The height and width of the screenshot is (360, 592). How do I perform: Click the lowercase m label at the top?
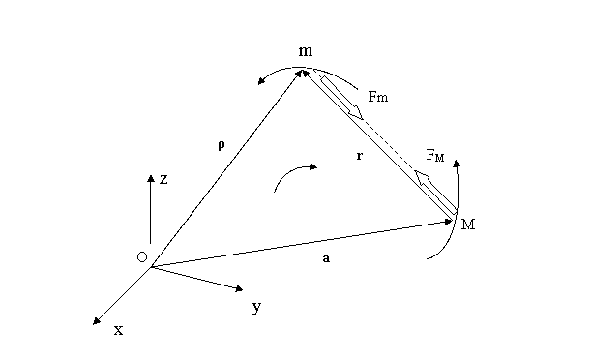[x=306, y=51]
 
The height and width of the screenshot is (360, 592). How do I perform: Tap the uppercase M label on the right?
[x=468, y=225]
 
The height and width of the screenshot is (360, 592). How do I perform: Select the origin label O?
[x=142, y=257]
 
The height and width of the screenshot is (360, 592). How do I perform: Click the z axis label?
[x=163, y=179]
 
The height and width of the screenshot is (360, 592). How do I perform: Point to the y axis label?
[x=256, y=307]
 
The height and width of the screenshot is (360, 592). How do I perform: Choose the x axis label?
[x=119, y=331]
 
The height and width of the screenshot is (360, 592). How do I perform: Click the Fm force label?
[x=378, y=97]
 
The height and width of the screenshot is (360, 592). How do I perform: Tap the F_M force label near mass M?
[x=435, y=155]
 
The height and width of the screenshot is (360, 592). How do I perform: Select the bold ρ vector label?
[x=222, y=145]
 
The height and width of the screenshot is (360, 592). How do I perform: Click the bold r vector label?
[x=360, y=156]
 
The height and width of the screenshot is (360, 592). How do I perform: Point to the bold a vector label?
[x=326, y=258]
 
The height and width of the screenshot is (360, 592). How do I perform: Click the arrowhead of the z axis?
[x=151, y=178]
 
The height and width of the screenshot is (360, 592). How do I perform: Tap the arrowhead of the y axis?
[x=239, y=289]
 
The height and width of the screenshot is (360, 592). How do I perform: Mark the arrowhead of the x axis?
[x=97, y=321]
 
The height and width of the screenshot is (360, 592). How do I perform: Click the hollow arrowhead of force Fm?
[x=356, y=112]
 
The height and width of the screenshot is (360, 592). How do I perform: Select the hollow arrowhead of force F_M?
[x=422, y=177]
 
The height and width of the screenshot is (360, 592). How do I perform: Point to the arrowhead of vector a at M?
[x=449, y=222]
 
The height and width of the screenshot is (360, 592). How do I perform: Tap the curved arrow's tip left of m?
[x=261, y=81]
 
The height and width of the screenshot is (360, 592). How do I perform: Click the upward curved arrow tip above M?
[x=457, y=164]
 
